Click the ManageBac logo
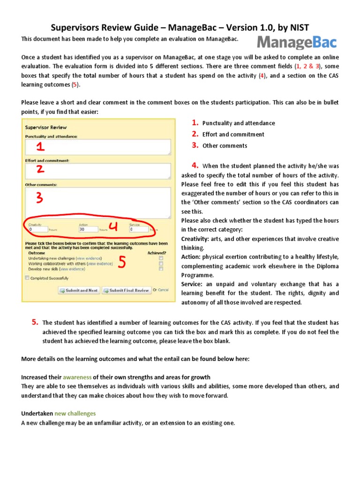pyautogui.click(x=296, y=43)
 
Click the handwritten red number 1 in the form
pyautogui.click(x=41, y=147)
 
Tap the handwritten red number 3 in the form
pyautogui.click(x=40, y=198)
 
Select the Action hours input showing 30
pyautogui.click(x=88, y=230)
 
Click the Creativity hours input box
pyautogui.click(x=38, y=230)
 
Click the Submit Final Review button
pyautogui.click(x=127, y=290)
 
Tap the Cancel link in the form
pyautogui.click(x=163, y=290)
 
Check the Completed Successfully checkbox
pyautogui.click(x=27, y=278)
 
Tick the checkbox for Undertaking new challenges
pyautogui.click(x=161, y=258)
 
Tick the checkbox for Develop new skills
pyautogui.click(x=161, y=269)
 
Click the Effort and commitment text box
pyautogui.click(x=98, y=172)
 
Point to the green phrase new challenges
pyautogui.click(x=75, y=413)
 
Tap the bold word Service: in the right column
pyautogui.click(x=193, y=284)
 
